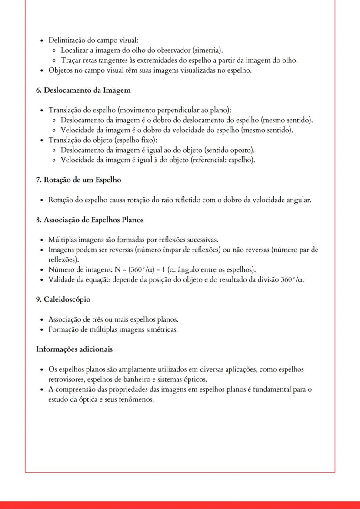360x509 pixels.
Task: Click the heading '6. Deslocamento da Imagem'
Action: tap(83, 90)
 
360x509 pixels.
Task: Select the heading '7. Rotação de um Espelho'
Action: tap(78, 180)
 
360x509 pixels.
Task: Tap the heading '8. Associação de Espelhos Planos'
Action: tap(90, 220)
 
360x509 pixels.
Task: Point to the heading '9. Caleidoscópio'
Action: tap(63, 299)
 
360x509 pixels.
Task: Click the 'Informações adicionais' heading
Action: tap(74, 349)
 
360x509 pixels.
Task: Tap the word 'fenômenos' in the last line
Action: tap(137, 399)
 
